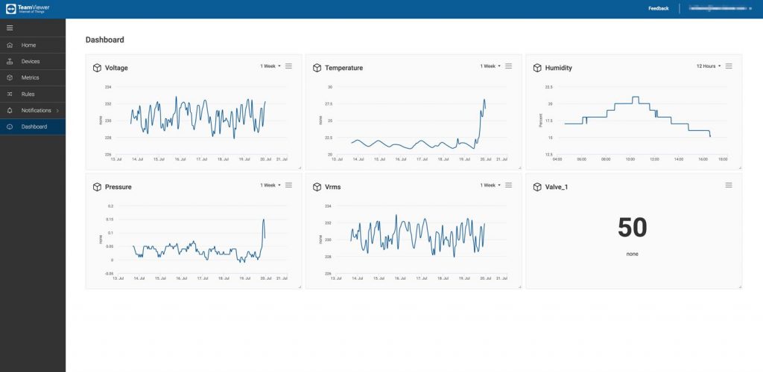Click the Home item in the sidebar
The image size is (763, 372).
pos(28,45)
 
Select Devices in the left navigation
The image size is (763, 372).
pos(31,62)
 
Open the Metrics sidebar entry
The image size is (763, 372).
pos(30,77)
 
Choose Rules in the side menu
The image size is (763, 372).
pos(28,94)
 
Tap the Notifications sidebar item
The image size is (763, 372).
pos(36,110)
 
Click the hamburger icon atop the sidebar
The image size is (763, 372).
pos(10,28)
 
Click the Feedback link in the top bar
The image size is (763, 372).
pos(658,8)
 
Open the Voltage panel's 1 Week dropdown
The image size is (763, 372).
pos(270,66)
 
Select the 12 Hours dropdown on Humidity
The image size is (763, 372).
pos(708,66)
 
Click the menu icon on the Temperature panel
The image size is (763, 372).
pos(508,66)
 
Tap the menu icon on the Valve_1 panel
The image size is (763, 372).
pos(729,185)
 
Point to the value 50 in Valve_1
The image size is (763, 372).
pos(632,228)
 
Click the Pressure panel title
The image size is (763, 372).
pos(118,187)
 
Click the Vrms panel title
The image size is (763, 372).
pos(333,187)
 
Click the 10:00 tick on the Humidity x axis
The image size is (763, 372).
pos(630,158)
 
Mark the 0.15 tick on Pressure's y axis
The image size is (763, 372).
pos(110,219)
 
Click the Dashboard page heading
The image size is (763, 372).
pos(104,39)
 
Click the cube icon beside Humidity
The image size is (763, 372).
pos(536,68)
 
